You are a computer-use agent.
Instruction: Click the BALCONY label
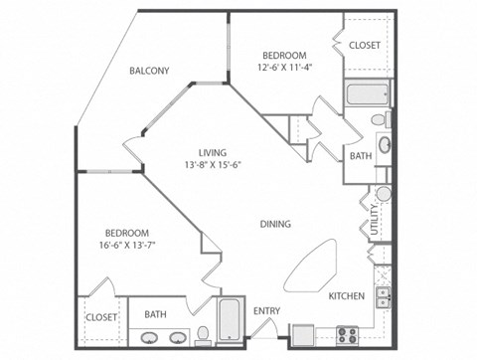pyautogui.click(x=149, y=71)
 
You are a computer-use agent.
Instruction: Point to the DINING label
pyautogui.click(x=275, y=224)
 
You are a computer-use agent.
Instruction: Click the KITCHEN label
pyautogui.click(x=347, y=296)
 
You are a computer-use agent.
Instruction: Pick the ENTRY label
pyautogui.click(x=266, y=311)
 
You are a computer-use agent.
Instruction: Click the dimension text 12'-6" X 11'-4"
pyautogui.click(x=284, y=68)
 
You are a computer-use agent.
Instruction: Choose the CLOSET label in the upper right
pyautogui.click(x=365, y=46)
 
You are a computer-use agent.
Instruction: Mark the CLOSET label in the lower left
pyautogui.click(x=100, y=316)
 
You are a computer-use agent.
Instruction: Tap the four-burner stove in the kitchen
pyautogui.click(x=349, y=333)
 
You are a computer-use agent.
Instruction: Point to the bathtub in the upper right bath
pyautogui.click(x=358, y=96)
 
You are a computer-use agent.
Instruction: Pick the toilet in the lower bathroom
pyautogui.click(x=202, y=332)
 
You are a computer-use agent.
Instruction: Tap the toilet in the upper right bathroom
pyautogui.click(x=381, y=120)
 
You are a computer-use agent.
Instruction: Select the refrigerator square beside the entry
pyautogui.click(x=302, y=334)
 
